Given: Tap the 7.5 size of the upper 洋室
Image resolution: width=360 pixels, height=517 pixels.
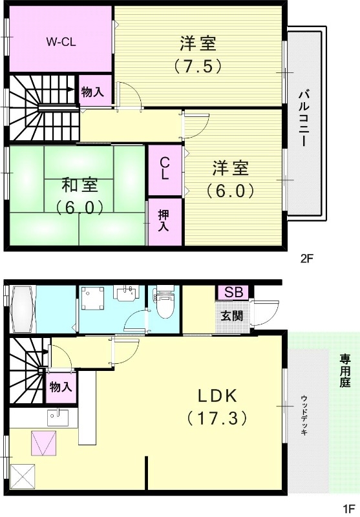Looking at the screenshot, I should pos(198,65).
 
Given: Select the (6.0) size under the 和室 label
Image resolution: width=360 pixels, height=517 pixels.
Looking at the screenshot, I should pos(79,207).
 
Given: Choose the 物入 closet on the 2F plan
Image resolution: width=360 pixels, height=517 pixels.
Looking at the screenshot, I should pos(92,91).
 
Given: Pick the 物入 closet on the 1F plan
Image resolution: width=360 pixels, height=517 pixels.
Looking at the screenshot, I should pos(61,388).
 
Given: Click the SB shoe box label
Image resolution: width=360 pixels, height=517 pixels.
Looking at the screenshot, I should pos(233,291).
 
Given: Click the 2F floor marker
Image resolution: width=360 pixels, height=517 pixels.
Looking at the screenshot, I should pos(306,259).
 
